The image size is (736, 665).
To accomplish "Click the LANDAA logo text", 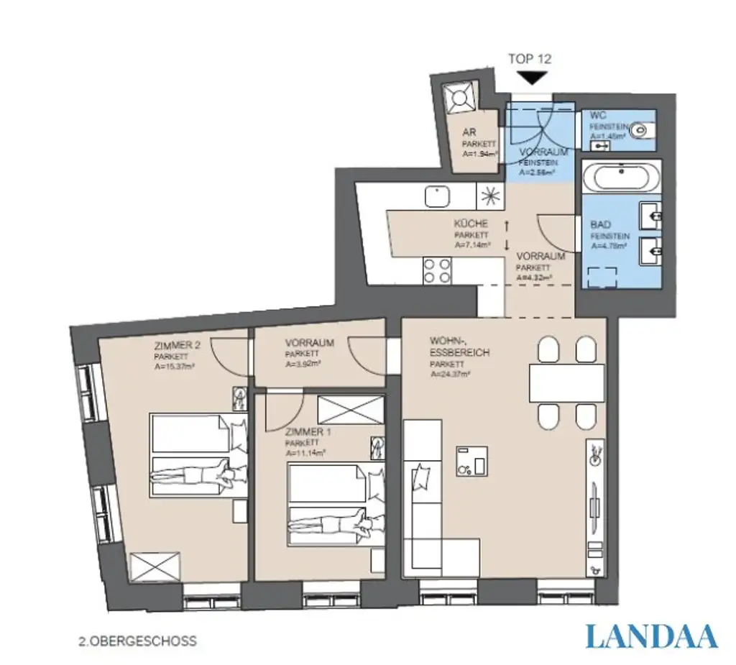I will (x=651, y=636).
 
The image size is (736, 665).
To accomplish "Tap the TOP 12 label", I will (x=530, y=59).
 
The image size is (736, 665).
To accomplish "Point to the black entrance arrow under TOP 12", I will (x=531, y=78).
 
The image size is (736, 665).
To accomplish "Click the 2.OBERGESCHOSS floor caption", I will (x=137, y=641).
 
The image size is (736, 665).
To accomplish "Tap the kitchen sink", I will (x=436, y=196).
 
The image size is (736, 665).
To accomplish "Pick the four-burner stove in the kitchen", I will (x=436, y=271).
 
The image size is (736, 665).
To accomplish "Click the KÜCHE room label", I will (x=471, y=224).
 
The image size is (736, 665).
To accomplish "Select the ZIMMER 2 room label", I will (x=177, y=345).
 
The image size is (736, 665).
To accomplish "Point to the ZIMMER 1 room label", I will (x=308, y=433).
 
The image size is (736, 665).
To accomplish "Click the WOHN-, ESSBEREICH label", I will (x=459, y=347).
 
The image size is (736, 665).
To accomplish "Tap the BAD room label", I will (x=600, y=225).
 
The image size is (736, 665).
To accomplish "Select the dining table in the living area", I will (x=566, y=383).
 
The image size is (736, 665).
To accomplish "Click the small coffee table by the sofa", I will (x=471, y=461).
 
